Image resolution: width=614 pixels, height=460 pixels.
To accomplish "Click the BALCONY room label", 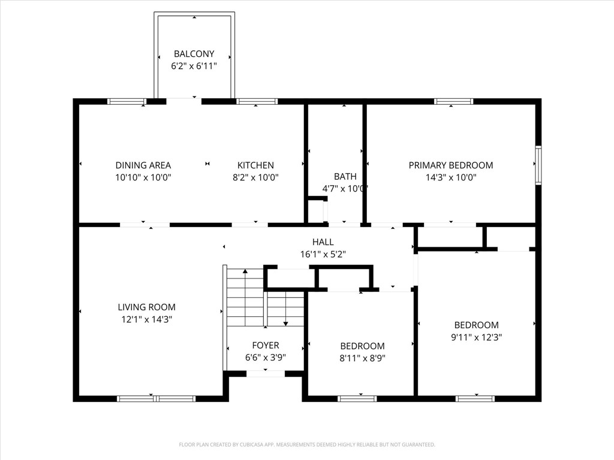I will click(194, 54).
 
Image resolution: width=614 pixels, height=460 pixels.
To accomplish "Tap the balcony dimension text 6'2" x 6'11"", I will click(194, 66).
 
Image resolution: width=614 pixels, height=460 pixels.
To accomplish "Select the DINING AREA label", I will click(143, 165).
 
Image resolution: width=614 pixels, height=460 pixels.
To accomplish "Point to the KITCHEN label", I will click(255, 165).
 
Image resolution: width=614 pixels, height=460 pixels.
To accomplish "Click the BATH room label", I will click(345, 176).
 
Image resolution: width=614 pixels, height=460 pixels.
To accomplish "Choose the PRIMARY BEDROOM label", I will click(451, 165).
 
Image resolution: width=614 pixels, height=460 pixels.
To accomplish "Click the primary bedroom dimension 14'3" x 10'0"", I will click(451, 177).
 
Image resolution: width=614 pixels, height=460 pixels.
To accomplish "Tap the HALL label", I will click(323, 242).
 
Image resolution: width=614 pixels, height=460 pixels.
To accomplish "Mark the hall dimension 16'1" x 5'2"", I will click(323, 254).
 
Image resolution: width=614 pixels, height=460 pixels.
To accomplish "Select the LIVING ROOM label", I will click(146, 307).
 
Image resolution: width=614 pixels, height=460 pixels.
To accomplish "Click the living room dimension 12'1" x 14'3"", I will click(146, 320).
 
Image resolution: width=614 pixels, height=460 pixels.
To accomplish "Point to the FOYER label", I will click(265, 346).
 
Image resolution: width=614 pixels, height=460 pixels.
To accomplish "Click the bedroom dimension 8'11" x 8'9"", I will click(362, 358).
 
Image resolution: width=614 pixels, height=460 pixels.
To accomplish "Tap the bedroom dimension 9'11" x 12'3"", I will click(476, 337).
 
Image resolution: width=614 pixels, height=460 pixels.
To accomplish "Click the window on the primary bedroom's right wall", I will click(538, 165).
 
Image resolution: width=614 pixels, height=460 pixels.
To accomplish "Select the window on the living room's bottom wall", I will click(156, 398).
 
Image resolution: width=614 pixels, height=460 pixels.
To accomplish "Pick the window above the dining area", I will click(127, 101).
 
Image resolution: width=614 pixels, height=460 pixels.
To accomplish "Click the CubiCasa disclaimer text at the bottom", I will click(307, 444).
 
